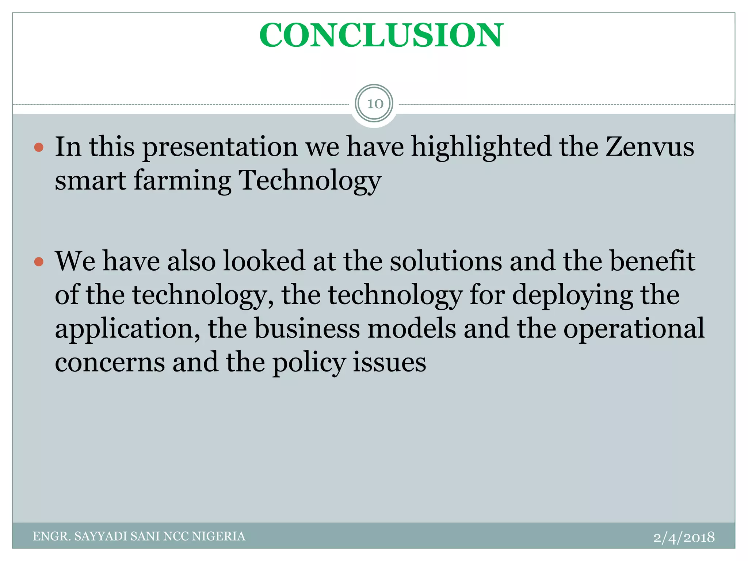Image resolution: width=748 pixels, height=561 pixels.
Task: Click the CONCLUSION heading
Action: coord(381,35)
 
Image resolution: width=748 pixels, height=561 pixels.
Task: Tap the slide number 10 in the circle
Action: coord(375,104)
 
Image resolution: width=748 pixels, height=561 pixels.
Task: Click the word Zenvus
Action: coord(650,147)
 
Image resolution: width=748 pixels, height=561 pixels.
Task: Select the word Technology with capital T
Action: coord(309,181)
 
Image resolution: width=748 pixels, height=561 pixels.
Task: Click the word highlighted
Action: coord(481,147)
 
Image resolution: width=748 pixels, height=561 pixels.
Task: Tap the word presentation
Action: coord(220,147)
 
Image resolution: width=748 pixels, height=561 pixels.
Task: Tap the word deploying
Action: coord(572,295)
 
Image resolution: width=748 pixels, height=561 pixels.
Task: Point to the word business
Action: coord(307,329)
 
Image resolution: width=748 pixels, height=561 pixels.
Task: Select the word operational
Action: coord(634,329)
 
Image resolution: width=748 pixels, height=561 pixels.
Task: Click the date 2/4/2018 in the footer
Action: coord(684,537)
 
